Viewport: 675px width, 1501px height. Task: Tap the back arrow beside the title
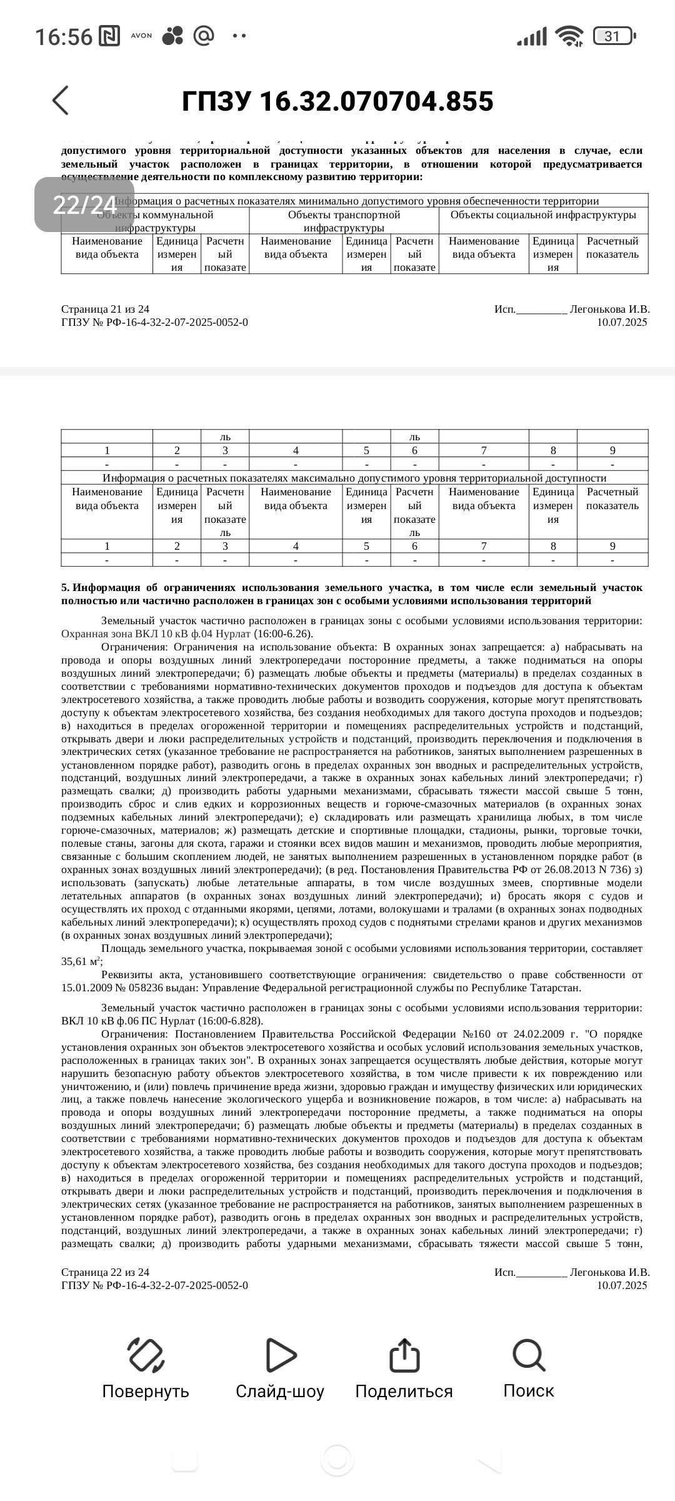click(x=61, y=100)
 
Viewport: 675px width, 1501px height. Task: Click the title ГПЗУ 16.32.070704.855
click(x=337, y=101)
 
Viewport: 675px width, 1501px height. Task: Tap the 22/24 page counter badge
click(x=84, y=205)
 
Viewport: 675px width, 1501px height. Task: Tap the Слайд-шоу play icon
click(x=280, y=1355)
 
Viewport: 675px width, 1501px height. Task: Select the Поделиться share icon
click(x=404, y=1355)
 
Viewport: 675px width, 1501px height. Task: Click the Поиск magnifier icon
click(x=529, y=1355)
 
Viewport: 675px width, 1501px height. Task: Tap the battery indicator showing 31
click(x=614, y=36)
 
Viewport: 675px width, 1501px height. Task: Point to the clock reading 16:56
click(x=63, y=37)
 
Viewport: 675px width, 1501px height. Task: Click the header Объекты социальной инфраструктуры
click(x=542, y=215)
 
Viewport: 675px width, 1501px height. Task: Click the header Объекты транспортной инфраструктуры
click(x=344, y=221)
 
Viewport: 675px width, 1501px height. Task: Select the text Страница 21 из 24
click(x=105, y=309)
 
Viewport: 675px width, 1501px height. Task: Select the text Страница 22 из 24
click(x=105, y=1272)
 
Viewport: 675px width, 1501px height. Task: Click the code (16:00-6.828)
click(x=232, y=1021)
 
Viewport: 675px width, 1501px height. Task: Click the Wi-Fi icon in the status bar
click(x=569, y=36)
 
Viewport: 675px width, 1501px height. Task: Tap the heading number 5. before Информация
click(x=65, y=588)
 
